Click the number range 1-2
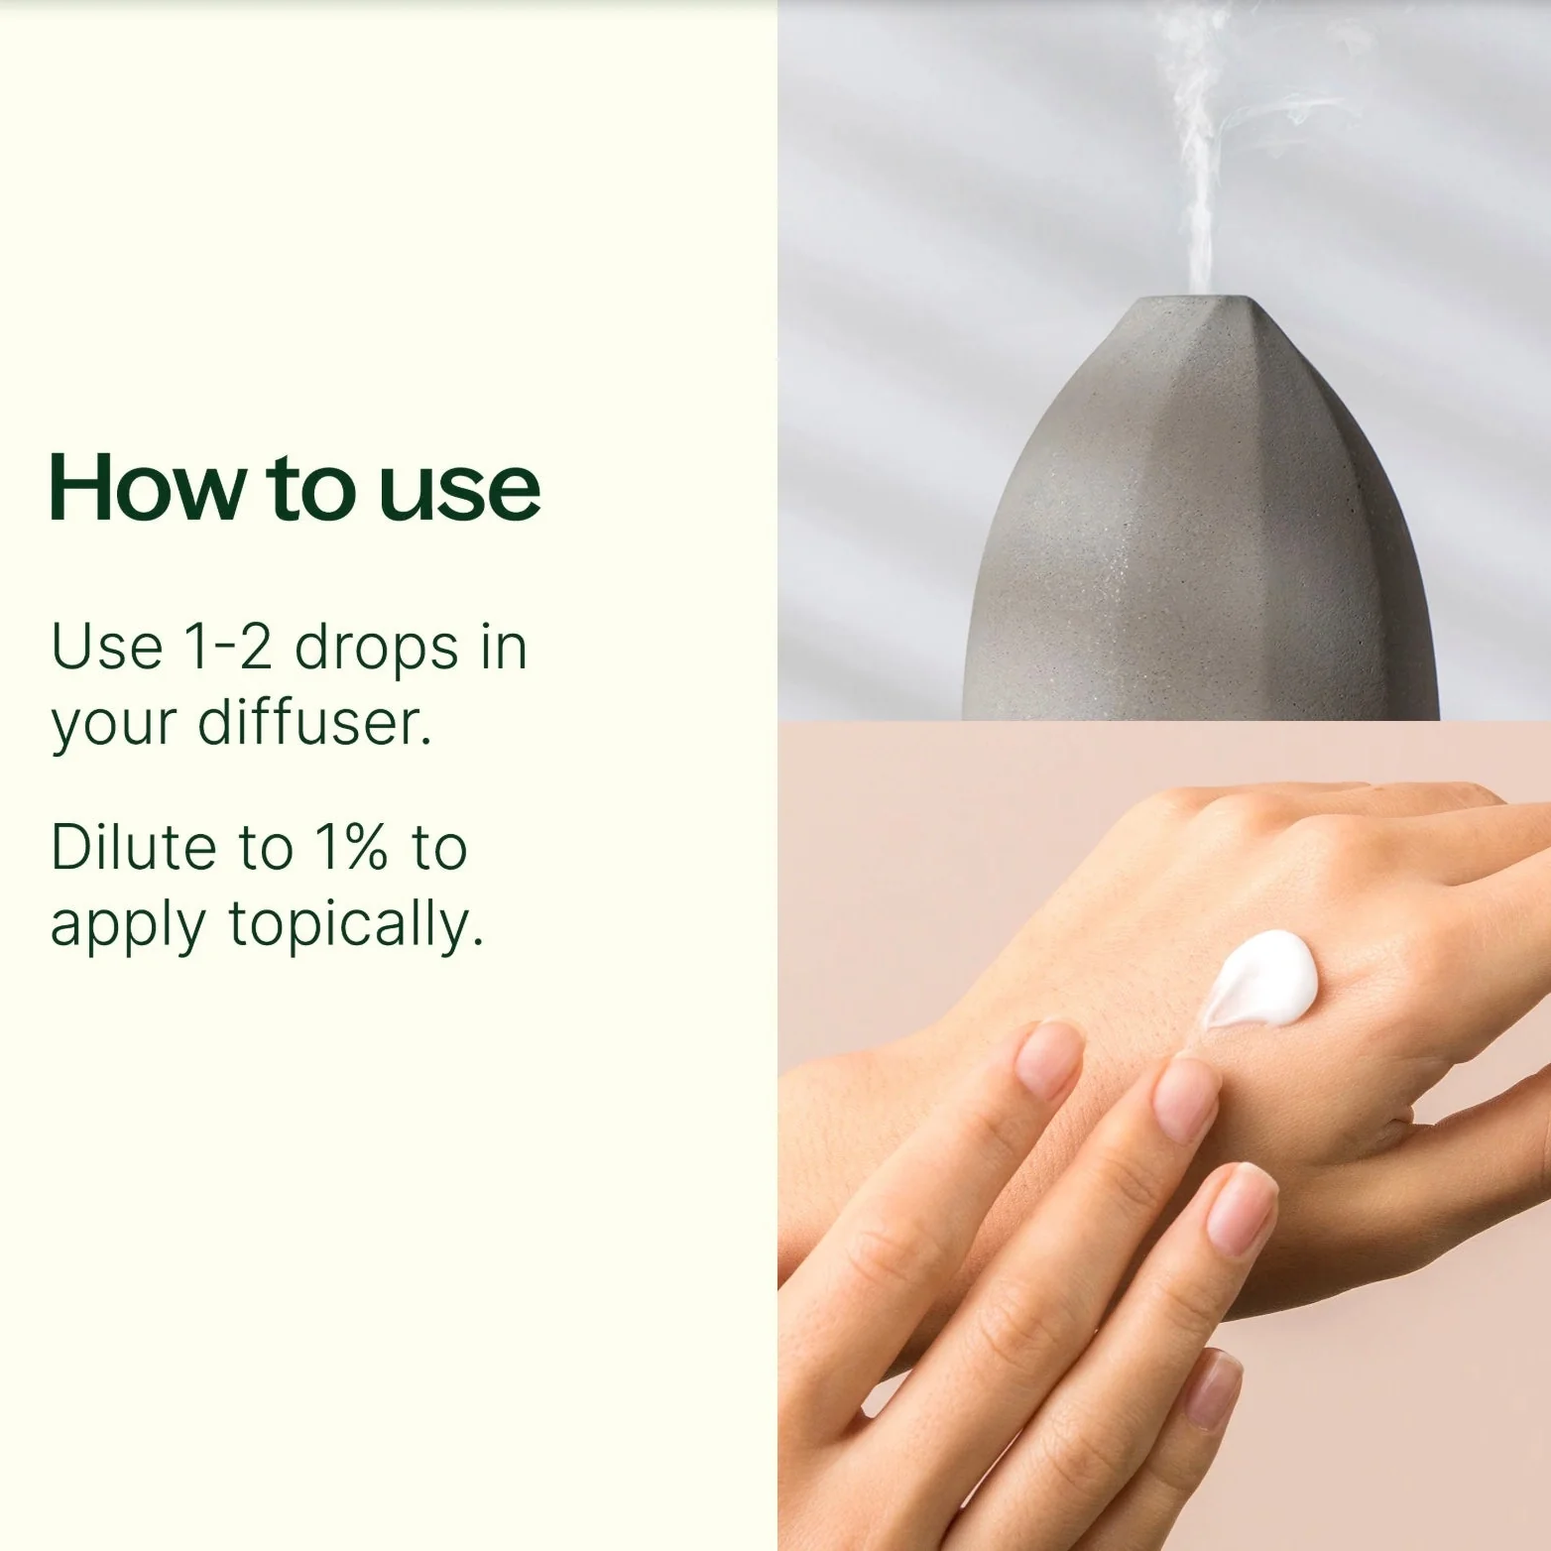tap(227, 647)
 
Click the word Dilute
tap(133, 847)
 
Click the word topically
tap(356, 926)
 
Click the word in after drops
tap(504, 647)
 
